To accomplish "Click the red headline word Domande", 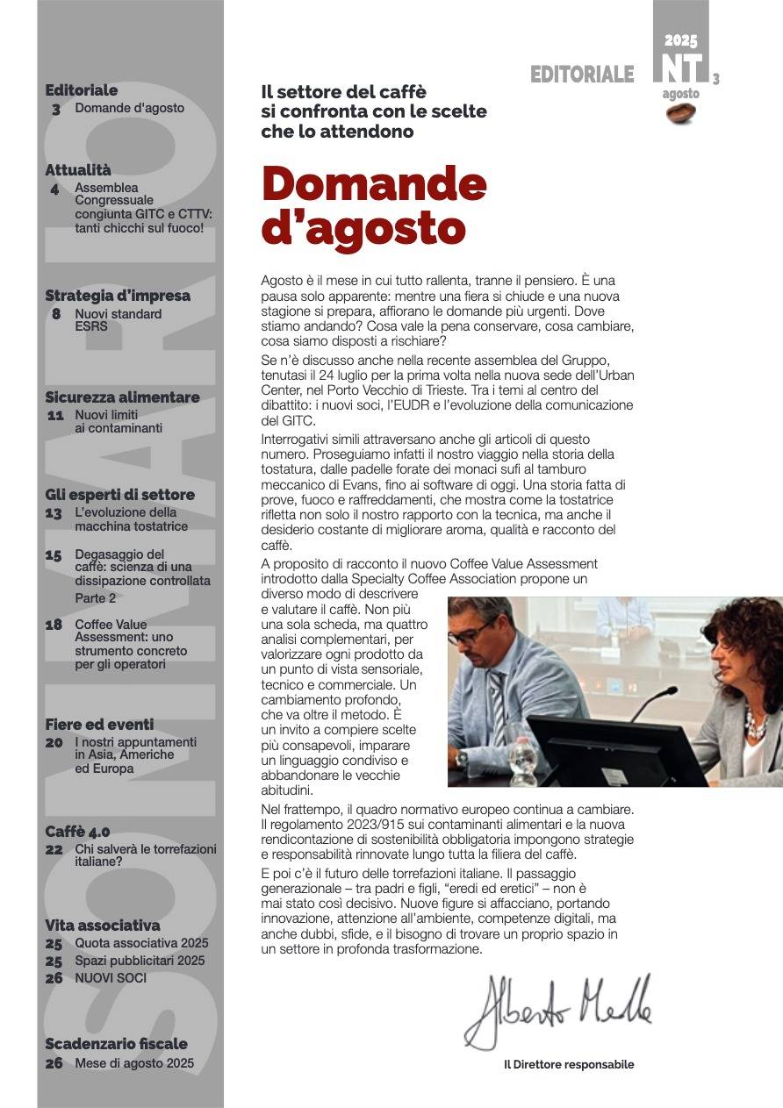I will point(374,183).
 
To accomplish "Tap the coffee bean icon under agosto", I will point(681,111).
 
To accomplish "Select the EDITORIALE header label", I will point(582,75).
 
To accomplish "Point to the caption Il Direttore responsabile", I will point(568,1065).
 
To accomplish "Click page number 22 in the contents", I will point(54,850).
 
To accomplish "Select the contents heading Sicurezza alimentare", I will point(122,397).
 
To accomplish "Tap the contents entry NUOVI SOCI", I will point(111,978).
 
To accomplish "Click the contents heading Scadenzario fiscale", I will point(116,1044).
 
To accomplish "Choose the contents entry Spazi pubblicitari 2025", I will point(140,961).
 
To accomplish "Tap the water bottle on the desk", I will point(523,760).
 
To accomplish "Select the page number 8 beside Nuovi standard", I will point(56,314).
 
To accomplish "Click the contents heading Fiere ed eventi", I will point(99,725).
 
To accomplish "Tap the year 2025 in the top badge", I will point(680,40).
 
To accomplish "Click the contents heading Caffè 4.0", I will point(77,832).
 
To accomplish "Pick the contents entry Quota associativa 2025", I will point(141,943).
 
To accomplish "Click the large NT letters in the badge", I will point(681,68).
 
